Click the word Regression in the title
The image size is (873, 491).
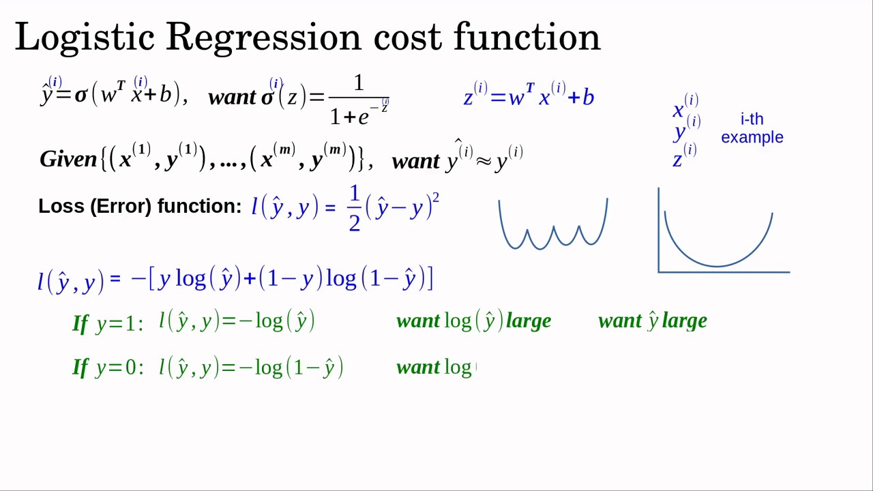point(263,38)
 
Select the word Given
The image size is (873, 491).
point(68,160)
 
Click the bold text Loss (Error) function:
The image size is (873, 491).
point(140,207)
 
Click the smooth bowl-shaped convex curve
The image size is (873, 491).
point(718,242)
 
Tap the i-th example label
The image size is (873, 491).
point(752,128)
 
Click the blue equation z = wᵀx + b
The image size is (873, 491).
point(529,97)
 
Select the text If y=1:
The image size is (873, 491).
point(108,323)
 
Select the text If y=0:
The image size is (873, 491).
point(108,368)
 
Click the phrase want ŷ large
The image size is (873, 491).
point(652,321)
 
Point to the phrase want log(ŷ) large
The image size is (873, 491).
point(473,321)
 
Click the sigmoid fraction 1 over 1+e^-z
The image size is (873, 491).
point(359,101)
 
